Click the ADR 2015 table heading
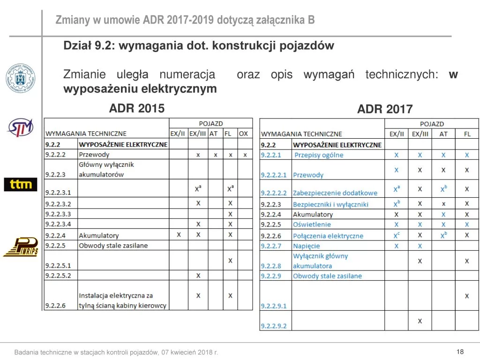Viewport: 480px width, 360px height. (x=137, y=109)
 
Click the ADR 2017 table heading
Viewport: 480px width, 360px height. (x=385, y=110)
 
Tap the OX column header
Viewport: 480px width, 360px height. (x=243, y=134)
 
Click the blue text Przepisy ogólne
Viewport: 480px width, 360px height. (x=319, y=155)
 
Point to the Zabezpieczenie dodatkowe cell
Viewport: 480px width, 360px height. (x=335, y=193)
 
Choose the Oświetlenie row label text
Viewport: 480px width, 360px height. (x=312, y=225)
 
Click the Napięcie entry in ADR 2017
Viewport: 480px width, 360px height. (x=307, y=246)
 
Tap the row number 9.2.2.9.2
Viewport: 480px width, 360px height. (x=273, y=326)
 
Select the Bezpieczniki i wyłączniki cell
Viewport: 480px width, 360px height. (x=330, y=204)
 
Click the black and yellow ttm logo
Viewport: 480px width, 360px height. (x=21, y=184)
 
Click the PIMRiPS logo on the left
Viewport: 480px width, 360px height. (x=21, y=247)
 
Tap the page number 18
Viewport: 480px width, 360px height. (x=459, y=352)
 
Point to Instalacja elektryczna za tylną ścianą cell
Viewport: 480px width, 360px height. (x=123, y=300)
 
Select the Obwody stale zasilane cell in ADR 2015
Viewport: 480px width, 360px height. (x=113, y=246)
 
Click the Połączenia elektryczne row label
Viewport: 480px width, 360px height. (x=328, y=236)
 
